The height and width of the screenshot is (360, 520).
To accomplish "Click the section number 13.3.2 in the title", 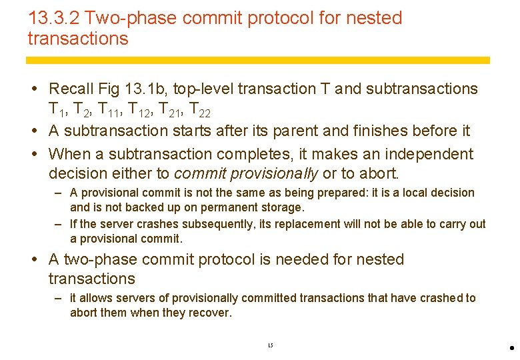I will coord(54,18).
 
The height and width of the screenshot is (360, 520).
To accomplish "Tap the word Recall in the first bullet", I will coord(71,89).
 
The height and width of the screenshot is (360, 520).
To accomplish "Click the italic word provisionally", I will coord(274,174).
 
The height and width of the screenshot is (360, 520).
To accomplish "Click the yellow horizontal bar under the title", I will coord(258,60).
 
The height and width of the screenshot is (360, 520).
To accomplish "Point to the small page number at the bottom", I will coord(270,345).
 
